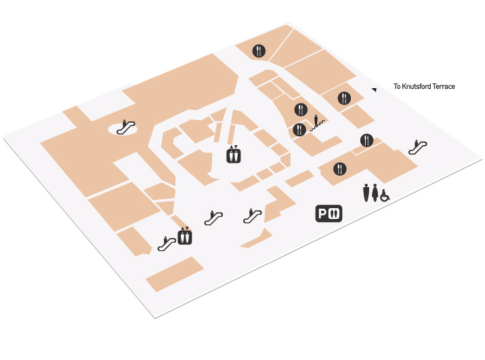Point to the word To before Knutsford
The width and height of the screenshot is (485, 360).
tap(397, 86)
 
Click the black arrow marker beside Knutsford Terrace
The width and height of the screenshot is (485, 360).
tap(375, 89)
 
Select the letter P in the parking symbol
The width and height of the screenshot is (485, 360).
tap(322, 214)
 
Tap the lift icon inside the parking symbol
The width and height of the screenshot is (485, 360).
tap(334, 214)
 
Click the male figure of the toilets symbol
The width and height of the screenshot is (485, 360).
tap(366, 193)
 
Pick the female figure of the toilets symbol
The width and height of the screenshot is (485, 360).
tap(375, 193)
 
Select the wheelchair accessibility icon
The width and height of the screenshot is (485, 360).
tap(385, 196)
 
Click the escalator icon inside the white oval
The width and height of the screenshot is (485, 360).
tap(125, 127)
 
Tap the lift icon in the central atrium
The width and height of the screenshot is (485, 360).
tap(234, 154)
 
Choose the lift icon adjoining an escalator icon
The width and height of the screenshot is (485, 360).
tap(185, 236)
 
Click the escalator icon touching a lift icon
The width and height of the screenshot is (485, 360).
tap(167, 243)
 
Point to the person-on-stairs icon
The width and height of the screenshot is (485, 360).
tap(317, 123)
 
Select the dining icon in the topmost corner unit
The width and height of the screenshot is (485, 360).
tap(259, 51)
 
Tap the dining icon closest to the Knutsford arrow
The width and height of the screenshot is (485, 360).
tap(344, 98)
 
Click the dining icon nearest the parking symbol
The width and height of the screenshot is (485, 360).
tap(339, 169)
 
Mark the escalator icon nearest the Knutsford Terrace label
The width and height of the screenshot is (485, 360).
tap(418, 147)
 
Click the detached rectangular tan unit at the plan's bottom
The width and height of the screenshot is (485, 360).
tap(175, 274)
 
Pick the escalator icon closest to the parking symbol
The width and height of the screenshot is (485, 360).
tap(253, 216)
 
